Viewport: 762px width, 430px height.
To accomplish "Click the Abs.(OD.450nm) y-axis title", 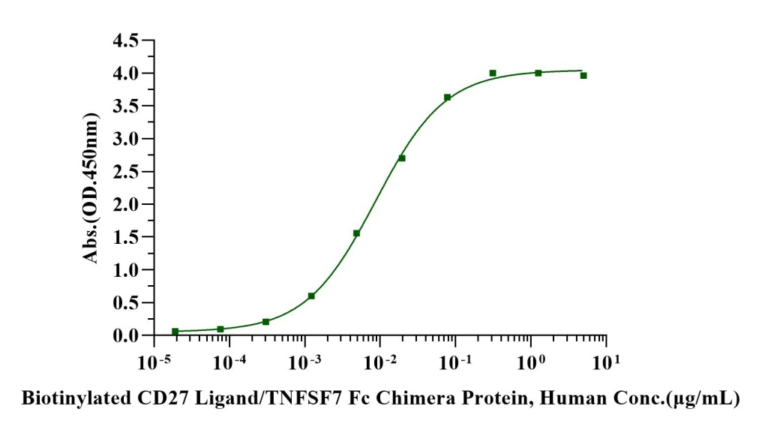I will coord(91,188).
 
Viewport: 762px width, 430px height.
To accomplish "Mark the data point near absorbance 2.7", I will coord(402,158).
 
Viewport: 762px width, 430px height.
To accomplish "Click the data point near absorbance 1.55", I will coord(356,233).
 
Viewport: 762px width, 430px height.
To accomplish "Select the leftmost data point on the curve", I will coord(175,331).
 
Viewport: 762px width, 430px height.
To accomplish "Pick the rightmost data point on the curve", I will coord(583,75).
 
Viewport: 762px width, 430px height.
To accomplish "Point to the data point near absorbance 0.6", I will coord(311,296).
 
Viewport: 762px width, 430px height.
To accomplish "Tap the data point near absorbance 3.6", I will coord(447,98).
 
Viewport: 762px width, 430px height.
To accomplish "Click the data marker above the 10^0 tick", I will coord(538,73).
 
